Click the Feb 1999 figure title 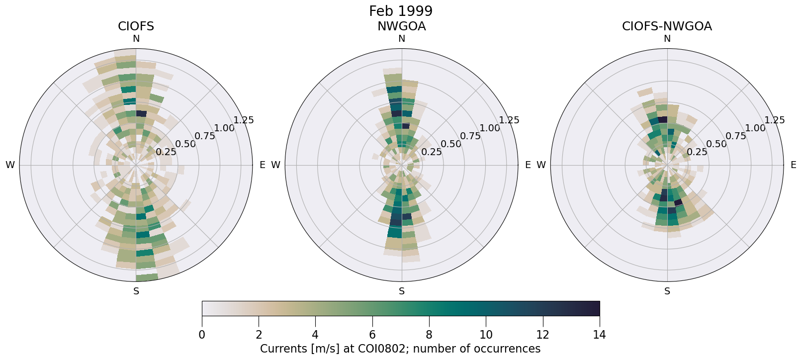pos(400,11)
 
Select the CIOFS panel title pos(136,26)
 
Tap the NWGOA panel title pos(401,26)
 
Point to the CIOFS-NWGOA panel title pos(667,26)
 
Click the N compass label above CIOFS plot pos(136,39)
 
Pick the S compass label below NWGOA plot pos(401,291)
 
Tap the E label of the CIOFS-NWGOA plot pos(793,165)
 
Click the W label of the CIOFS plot pos(10,165)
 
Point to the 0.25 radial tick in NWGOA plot pos(431,152)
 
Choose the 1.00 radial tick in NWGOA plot pos(490,128)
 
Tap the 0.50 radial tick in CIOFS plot pos(185,144)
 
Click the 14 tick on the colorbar pos(599,335)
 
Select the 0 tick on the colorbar pos(202,335)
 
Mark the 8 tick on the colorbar pos(429,335)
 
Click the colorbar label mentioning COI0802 pos(400,349)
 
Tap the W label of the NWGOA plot pos(275,165)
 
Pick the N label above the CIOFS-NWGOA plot pos(667,39)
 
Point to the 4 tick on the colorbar pos(315,335)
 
